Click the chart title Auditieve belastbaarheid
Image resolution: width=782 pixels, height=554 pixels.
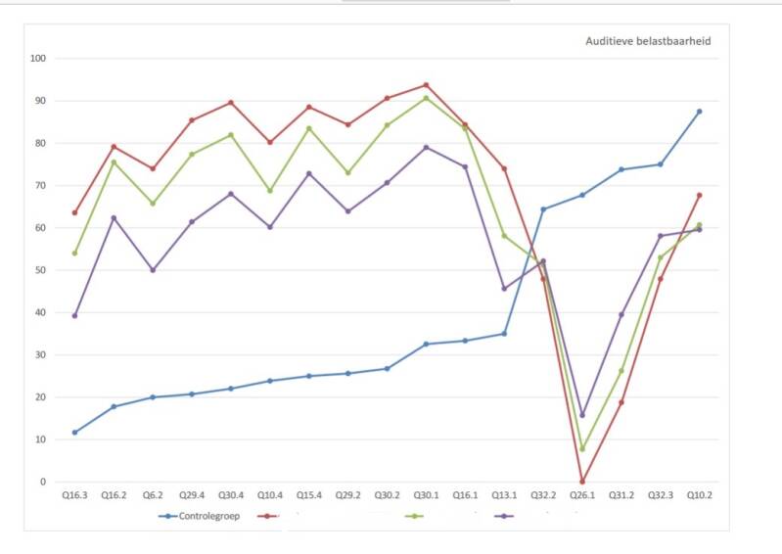tap(647, 41)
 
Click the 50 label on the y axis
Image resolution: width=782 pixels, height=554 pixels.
tap(40, 270)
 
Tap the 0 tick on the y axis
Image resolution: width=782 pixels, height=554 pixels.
tap(43, 482)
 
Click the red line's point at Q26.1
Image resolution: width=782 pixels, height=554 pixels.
tap(582, 482)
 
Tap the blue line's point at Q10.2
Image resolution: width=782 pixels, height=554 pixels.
tap(699, 112)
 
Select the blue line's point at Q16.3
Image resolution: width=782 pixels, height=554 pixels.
tap(74, 433)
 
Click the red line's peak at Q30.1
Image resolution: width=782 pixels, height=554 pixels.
tap(426, 85)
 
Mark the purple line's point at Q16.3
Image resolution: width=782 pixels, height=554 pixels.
tap(74, 315)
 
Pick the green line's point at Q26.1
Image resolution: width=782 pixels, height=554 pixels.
tap(582, 449)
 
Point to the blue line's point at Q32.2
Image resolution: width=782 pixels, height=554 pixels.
tap(543, 209)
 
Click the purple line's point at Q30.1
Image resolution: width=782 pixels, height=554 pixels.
tap(426, 148)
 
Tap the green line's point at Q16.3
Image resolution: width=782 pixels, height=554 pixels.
tap(74, 254)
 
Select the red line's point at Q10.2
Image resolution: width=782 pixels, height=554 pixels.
tap(699, 195)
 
